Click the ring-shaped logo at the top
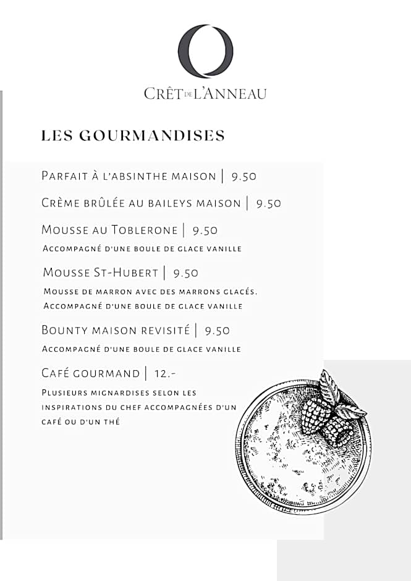pos(205,51)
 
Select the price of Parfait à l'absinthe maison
pos(244,176)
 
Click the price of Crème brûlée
pos(268,203)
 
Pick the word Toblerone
pos(144,230)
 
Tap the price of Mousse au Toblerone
pos(205,231)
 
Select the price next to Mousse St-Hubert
pos(185,273)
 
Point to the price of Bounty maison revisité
pos(218,331)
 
